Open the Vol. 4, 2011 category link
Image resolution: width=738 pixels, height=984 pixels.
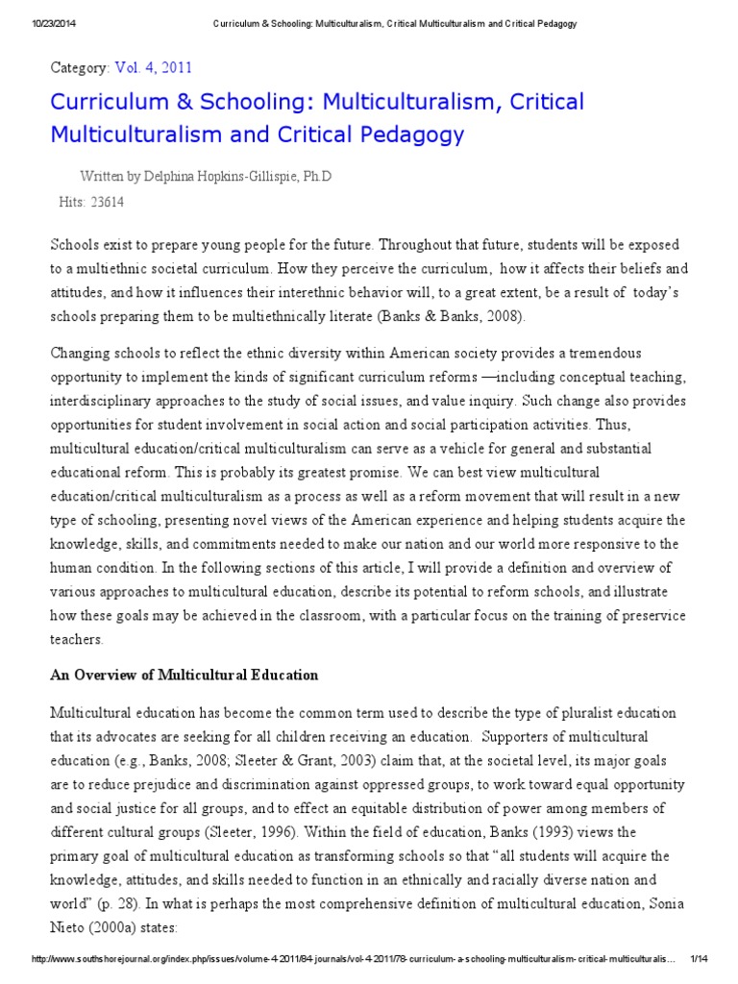click(x=153, y=67)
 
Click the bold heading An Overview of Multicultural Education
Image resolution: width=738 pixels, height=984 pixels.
click(x=184, y=675)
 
